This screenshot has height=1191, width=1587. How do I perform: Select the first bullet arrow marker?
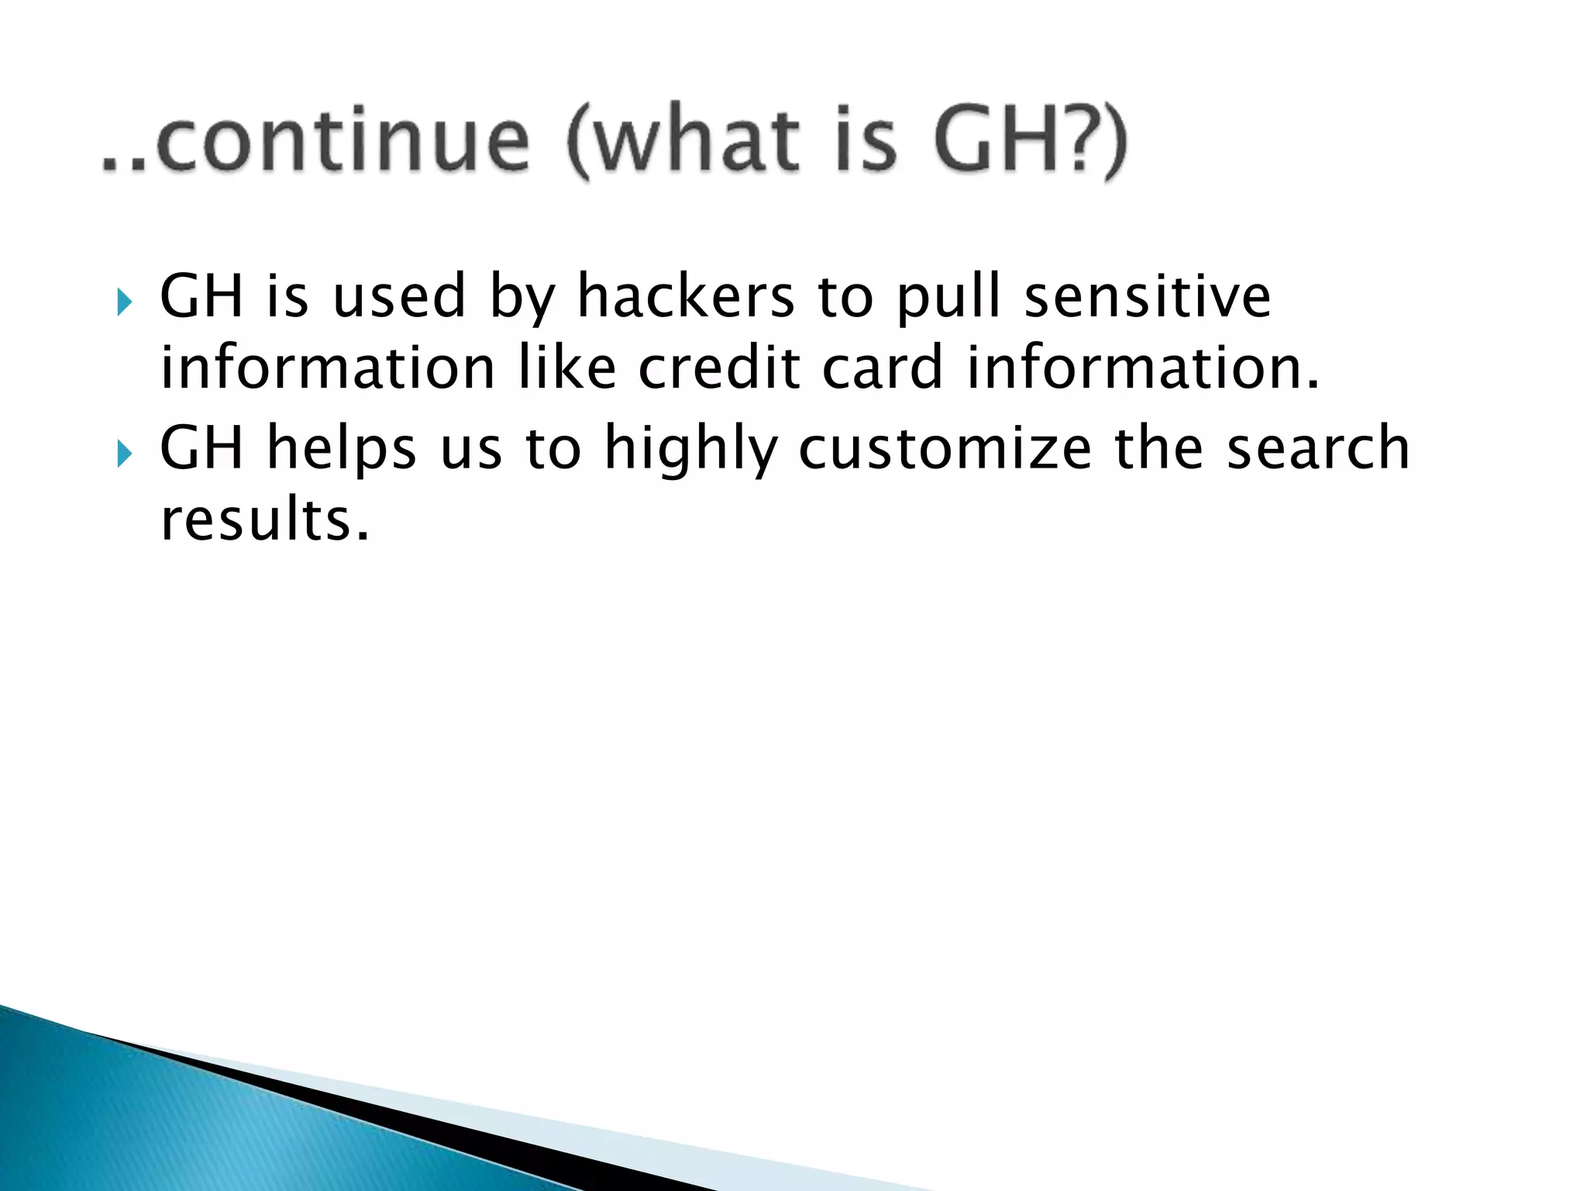pyautogui.click(x=124, y=302)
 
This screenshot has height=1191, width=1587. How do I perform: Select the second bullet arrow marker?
pyautogui.click(x=124, y=454)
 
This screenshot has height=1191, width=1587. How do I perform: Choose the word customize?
pyautogui.click(x=945, y=449)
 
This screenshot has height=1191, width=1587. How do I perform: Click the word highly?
pyautogui.click(x=690, y=451)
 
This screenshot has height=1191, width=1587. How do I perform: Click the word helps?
pyautogui.click(x=341, y=451)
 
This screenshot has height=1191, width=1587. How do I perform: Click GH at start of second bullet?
pyautogui.click(x=201, y=449)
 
